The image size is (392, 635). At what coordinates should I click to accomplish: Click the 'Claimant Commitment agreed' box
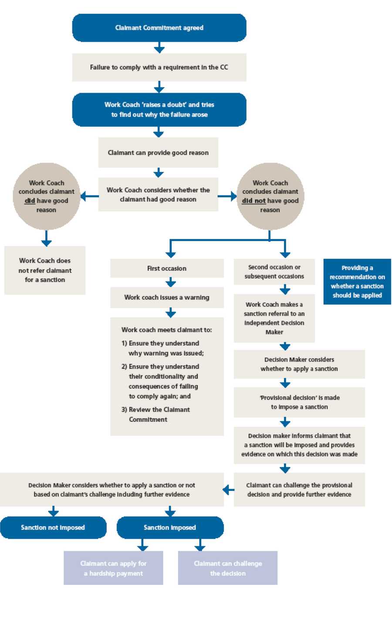pyautogui.click(x=159, y=28)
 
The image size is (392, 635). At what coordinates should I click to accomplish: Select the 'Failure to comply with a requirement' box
pyautogui.click(x=159, y=67)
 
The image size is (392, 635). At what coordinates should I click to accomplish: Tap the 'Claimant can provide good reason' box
pyautogui.click(x=158, y=153)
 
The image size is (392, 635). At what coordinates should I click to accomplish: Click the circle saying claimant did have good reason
pyautogui.click(x=47, y=196)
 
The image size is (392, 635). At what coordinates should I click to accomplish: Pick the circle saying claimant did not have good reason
pyautogui.click(x=270, y=196)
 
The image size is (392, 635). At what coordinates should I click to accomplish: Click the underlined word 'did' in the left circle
pyautogui.click(x=30, y=201)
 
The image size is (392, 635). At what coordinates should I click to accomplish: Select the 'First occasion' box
pyautogui.click(x=167, y=269)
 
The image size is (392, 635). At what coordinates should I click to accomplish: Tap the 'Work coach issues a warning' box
pyautogui.click(x=167, y=298)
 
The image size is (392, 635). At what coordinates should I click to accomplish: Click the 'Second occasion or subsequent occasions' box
pyautogui.click(x=274, y=272)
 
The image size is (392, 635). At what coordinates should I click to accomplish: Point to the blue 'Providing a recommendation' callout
pyautogui.click(x=357, y=282)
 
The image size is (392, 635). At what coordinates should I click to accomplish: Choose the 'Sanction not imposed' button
pyautogui.click(x=53, y=527)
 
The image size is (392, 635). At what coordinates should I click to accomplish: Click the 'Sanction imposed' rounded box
pyautogui.click(x=170, y=527)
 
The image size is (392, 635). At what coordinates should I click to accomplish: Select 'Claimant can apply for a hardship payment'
pyautogui.click(x=113, y=568)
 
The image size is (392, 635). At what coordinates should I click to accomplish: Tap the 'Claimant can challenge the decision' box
pyautogui.click(x=228, y=568)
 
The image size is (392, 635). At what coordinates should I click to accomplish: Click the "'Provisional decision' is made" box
pyautogui.click(x=299, y=403)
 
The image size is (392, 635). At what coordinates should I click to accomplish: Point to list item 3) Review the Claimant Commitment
pyautogui.click(x=156, y=415)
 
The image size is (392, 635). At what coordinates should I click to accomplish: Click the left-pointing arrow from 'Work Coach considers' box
pyautogui.click(x=89, y=196)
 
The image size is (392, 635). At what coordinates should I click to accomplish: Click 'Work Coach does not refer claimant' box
pyautogui.click(x=45, y=270)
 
